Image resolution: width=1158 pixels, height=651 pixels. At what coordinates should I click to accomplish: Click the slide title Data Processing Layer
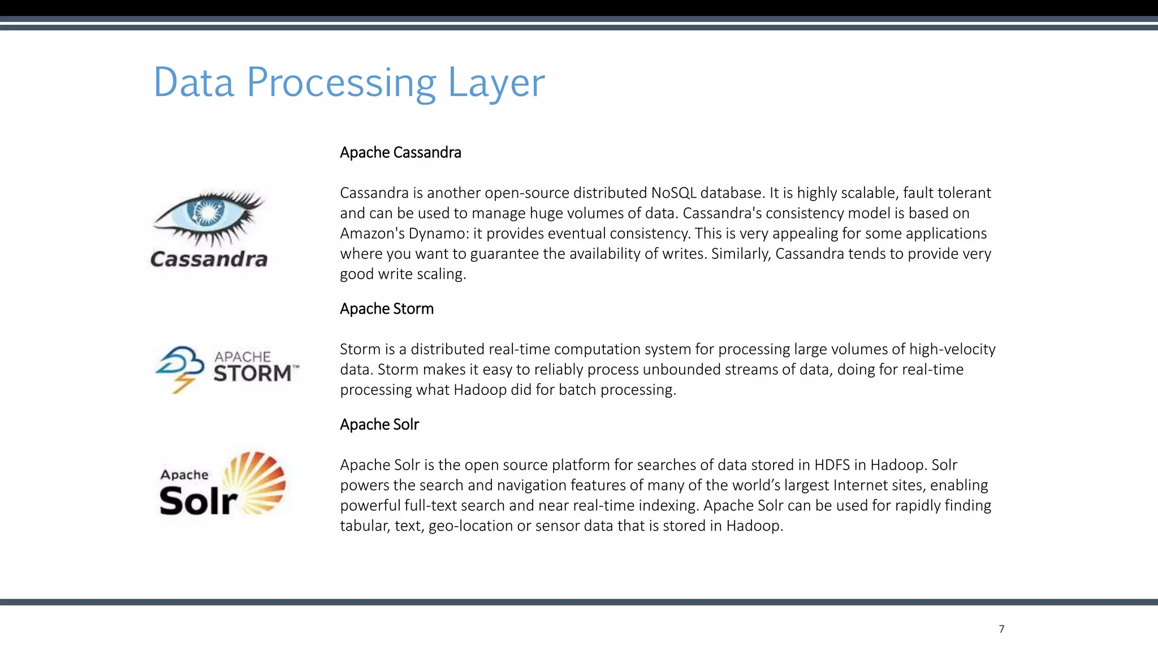coord(349,83)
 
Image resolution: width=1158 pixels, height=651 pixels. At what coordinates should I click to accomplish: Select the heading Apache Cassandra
coord(400,153)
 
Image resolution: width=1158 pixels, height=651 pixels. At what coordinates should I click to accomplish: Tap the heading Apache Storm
coord(387,309)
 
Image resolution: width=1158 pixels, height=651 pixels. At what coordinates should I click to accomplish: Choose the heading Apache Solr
coord(379,424)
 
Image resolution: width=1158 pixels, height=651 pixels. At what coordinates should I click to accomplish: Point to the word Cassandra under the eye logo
coord(209,259)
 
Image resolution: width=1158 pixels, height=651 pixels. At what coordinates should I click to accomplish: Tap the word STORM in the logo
coord(253,374)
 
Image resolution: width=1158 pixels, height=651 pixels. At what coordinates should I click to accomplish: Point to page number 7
coord(1001,629)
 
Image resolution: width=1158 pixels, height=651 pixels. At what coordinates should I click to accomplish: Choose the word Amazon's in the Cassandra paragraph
coord(366,234)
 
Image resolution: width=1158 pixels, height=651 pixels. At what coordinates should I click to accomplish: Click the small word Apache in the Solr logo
coord(184,475)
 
